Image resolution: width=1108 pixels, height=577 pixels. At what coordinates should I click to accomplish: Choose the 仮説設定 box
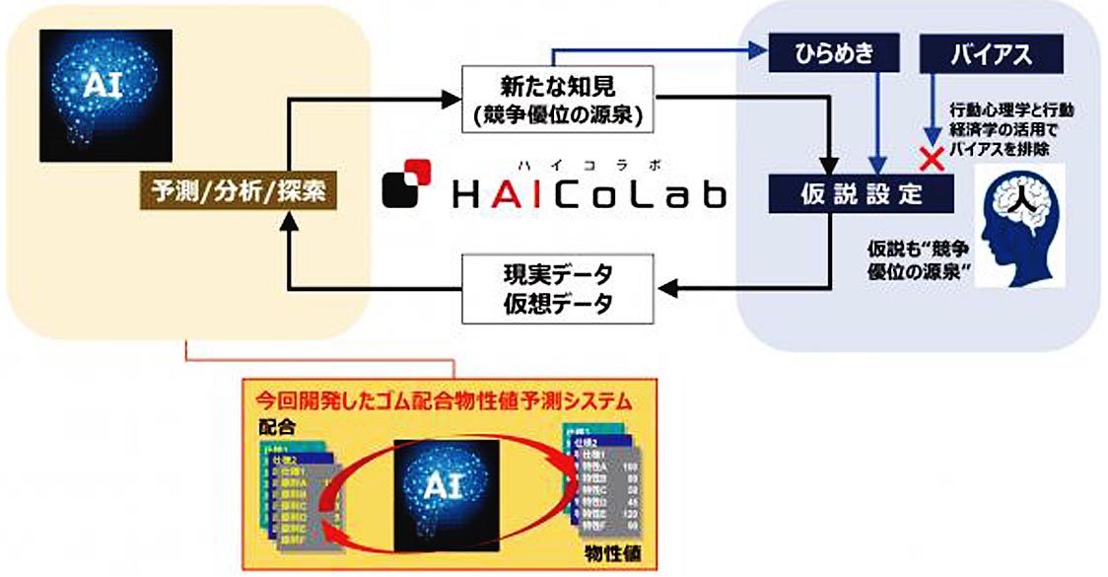(861, 192)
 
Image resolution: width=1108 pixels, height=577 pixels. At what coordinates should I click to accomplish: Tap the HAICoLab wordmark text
(589, 194)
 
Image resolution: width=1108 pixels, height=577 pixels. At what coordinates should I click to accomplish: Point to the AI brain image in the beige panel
(105, 95)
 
